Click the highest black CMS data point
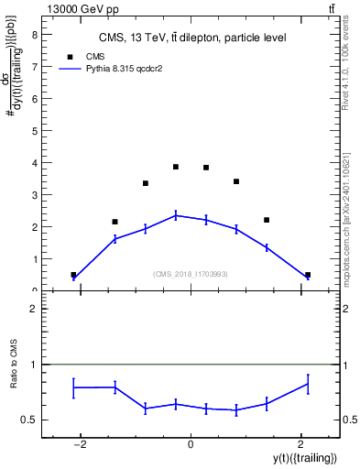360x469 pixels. click(x=176, y=167)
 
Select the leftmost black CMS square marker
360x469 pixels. click(x=73, y=275)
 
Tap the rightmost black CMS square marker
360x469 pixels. click(x=308, y=275)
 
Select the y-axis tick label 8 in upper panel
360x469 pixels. click(x=34, y=34)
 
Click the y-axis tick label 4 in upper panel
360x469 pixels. click(x=34, y=163)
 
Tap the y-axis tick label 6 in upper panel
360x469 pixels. click(x=34, y=99)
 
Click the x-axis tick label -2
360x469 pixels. click(x=80, y=443)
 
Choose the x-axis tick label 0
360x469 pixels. click(x=191, y=443)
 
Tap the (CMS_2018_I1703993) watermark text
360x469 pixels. click(x=191, y=274)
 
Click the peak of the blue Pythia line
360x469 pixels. click(x=176, y=215)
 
